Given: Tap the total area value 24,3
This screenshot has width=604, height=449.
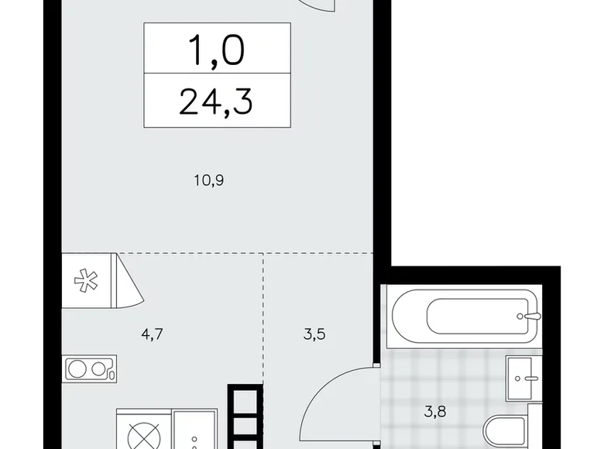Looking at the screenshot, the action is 216,101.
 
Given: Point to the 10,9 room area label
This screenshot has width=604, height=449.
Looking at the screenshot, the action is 209,180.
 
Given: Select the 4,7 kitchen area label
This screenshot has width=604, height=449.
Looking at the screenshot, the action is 152,334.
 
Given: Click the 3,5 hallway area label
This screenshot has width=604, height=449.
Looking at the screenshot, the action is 314,334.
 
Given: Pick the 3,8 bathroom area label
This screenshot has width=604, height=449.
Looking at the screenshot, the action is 435,412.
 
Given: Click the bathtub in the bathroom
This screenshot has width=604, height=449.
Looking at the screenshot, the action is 466,317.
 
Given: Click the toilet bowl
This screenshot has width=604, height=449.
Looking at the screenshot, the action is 506,432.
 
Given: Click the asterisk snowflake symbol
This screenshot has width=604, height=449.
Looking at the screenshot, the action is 86,280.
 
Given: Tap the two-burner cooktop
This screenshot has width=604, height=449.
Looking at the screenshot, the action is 89,369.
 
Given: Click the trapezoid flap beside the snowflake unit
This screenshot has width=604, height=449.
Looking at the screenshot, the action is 127,280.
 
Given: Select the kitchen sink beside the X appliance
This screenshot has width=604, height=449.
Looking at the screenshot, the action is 195,430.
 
